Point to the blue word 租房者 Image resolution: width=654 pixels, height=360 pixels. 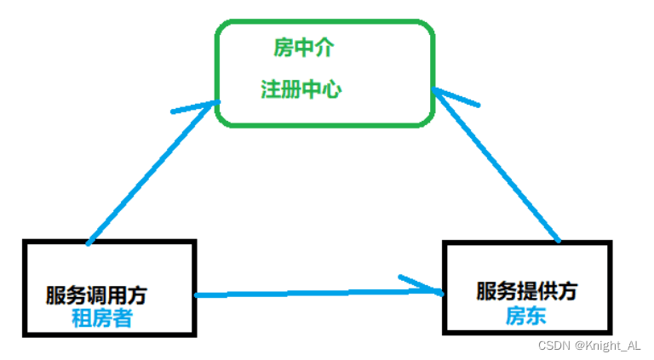(101, 318)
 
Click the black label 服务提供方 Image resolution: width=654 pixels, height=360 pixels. (526, 290)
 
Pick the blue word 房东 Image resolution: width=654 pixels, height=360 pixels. (525, 316)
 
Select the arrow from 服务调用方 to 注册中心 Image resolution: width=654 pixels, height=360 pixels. (149, 174)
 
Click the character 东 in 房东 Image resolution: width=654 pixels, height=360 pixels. (536, 316)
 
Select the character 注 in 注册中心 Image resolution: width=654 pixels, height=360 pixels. (268, 89)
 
